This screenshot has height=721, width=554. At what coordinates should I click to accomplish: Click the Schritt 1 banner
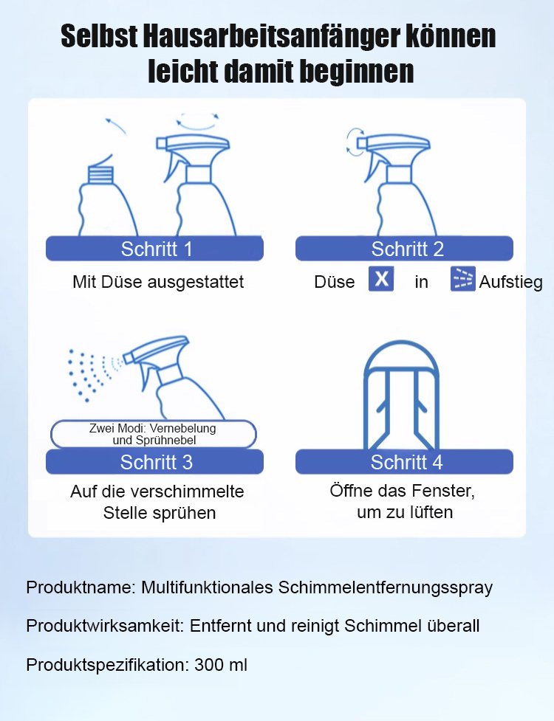click(154, 249)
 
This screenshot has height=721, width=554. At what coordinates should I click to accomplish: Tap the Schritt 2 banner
click(404, 249)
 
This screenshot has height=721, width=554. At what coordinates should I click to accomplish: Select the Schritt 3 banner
click(154, 462)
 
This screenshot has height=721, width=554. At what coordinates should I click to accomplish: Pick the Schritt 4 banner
click(404, 462)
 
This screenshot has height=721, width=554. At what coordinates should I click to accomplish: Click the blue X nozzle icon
click(381, 279)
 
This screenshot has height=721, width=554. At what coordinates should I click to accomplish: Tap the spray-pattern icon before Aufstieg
click(463, 279)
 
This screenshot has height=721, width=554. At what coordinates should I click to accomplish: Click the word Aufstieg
click(510, 281)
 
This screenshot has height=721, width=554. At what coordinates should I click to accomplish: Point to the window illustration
click(401, 396)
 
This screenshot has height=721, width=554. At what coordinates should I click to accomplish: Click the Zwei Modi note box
click(153, 434)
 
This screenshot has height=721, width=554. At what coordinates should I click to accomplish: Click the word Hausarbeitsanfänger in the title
click(270, 36)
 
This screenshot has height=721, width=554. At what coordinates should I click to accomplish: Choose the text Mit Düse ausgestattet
click(158, 281)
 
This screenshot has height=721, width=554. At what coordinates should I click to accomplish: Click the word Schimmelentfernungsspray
click(386, 587)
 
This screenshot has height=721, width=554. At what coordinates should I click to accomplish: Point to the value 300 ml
click(221, 664)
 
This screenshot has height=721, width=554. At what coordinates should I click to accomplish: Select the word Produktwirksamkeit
click(106, 626)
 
